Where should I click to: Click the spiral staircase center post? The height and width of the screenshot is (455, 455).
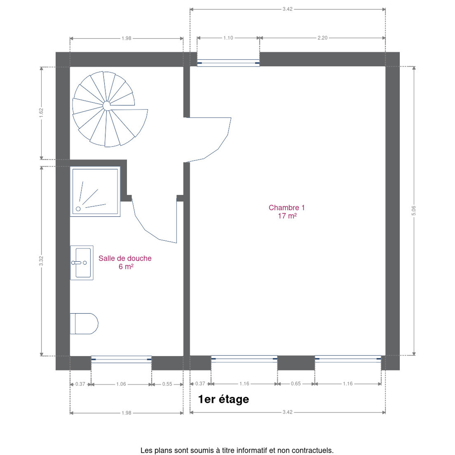click(x=106, y=106)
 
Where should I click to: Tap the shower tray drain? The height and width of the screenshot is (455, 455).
click(x=78, y=209)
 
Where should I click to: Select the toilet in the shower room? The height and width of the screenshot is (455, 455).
click(x=84, y=324)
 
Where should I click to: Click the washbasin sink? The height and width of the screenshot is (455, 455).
click(x=82, y=263)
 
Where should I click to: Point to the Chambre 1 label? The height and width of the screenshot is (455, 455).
click(x=287, y=208)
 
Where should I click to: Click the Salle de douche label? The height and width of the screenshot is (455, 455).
click(x=125, y=258)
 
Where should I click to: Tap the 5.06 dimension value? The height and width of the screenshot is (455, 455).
click(x=413, y=210)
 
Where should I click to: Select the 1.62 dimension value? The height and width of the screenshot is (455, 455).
click(x=41, y=112)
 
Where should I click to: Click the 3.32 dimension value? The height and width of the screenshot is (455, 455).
click(x=41, y=261)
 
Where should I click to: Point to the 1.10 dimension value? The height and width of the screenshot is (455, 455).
click(x=228, y=38)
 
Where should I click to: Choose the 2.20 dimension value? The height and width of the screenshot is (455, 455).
click(x=323, y=38)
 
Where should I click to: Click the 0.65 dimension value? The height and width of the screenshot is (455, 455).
click(x=296, y=384)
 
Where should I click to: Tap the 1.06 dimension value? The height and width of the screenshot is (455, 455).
click(x=121, y=384)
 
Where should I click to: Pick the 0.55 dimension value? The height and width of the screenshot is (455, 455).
click(x=167, y=384)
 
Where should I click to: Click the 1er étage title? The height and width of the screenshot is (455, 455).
click(x=223, y=399)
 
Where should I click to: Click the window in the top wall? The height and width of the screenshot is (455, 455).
click(x=228, y=63)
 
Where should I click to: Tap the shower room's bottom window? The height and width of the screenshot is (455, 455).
click(x=121, y=359)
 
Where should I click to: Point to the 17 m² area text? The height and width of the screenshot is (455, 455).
click(x=287, y=216)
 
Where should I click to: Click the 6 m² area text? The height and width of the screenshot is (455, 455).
click(x=126, y=267)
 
